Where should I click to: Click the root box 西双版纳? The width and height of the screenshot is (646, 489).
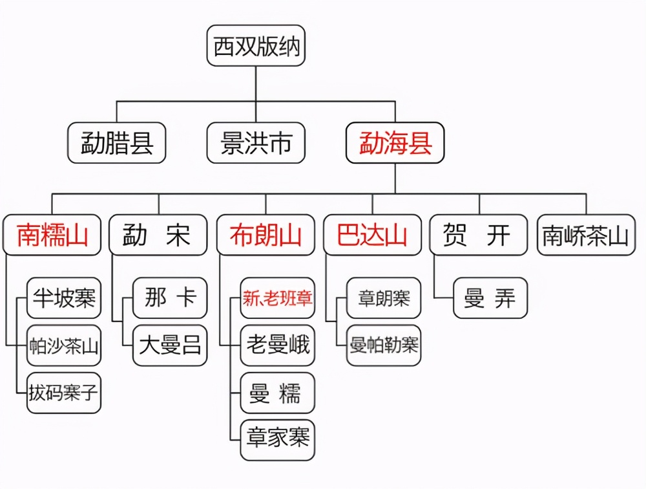pos(256,45)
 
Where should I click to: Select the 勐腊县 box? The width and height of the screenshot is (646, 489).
pos(117,143)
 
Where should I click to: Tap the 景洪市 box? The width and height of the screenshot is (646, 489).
pos(256,143)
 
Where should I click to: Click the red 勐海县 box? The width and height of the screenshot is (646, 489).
pos(395,143)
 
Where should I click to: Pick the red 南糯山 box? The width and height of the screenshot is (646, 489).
pos(52,235)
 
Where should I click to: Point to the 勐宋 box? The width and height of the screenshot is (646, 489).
pos(158,235)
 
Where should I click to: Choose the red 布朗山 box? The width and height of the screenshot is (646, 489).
pos(266,235)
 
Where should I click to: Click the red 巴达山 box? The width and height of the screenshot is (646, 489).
pos(372,235)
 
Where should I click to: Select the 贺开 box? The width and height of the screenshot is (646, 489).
pos(479,235)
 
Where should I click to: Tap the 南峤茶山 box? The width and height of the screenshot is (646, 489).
pos(586,235)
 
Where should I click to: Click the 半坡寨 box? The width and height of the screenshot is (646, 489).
pos(64,298)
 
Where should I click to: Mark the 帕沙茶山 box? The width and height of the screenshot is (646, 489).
pos(64,345)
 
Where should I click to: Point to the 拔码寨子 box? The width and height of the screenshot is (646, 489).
pos(64,393)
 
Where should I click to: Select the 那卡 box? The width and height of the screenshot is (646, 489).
pos(170,298)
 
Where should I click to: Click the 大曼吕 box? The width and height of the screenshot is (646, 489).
pos(170,345)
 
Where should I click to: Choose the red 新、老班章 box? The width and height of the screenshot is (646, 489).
pos(278,298)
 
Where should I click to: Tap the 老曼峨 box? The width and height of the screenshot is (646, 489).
pos(278,345)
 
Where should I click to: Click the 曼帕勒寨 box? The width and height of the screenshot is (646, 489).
pos(384,345)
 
